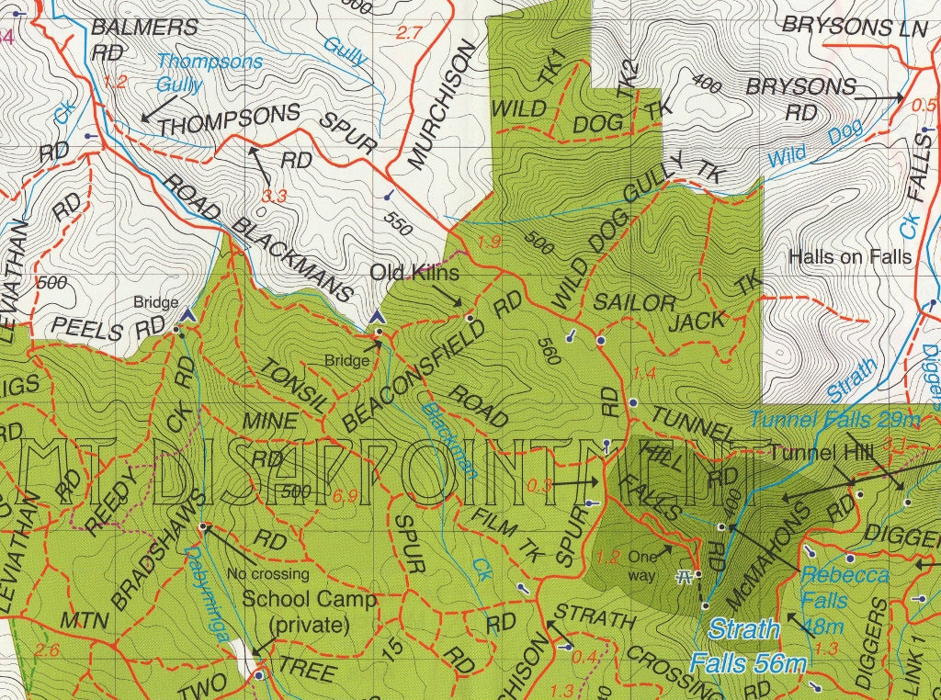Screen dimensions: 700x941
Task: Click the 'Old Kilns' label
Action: coord(414,273)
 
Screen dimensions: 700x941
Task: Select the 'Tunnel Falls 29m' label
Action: coord(834,420)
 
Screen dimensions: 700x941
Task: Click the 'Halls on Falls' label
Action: coord(850,257)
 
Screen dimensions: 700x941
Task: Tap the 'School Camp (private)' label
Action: coord(309,613)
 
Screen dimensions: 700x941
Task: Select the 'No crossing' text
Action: coord(267,575)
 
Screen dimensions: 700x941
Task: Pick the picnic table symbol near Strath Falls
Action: coord(683,575)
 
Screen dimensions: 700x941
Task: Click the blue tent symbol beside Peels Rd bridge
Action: coord(187,315)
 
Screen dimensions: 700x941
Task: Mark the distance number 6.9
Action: coord(346,497)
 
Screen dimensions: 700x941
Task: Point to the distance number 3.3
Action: coord(274,196)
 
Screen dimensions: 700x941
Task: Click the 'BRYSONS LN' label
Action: coord(855,27)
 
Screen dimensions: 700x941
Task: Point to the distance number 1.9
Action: coord(490,243)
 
